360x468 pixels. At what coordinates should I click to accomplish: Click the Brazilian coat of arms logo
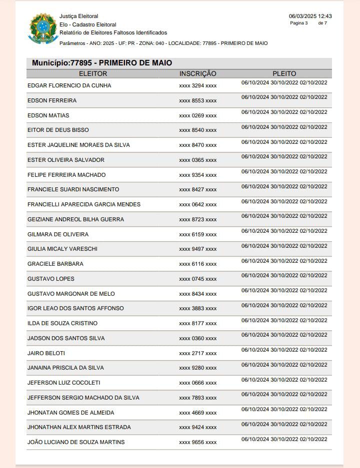[43, 28]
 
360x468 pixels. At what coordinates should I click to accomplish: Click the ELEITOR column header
[93, 73]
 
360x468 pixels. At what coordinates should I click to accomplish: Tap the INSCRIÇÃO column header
[198, 73]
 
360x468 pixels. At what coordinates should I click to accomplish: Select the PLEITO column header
[284, 73]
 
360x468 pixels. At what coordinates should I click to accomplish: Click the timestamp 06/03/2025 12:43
[310, 16]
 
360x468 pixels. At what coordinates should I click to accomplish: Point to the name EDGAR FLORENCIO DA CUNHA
[69, 85]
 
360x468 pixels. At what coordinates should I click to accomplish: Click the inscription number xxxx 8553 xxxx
[198, 100]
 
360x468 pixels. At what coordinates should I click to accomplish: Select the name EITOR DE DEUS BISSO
[58, 130]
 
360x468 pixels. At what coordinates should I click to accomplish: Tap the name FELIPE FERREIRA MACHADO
[66, 175]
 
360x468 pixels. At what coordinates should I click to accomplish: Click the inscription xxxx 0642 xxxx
[198, 204]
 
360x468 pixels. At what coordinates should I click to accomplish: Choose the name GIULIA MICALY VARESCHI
[62, 249]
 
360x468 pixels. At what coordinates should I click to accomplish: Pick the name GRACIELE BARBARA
[55, 264]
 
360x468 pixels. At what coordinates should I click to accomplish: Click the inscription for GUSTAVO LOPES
[198, 279]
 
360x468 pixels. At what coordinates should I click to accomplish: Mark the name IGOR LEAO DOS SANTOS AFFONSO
[75, 308]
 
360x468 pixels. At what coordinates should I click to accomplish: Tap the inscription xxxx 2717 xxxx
[198, 353]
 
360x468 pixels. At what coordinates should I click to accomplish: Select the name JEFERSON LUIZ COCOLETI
[64, 383]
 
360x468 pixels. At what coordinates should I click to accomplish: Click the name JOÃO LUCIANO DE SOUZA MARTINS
[76, 442]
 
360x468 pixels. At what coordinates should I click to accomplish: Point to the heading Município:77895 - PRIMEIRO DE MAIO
[102, 63]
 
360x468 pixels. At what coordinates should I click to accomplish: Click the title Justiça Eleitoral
[78, 16]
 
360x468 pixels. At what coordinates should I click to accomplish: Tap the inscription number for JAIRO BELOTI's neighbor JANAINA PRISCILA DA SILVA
[198, 368]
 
